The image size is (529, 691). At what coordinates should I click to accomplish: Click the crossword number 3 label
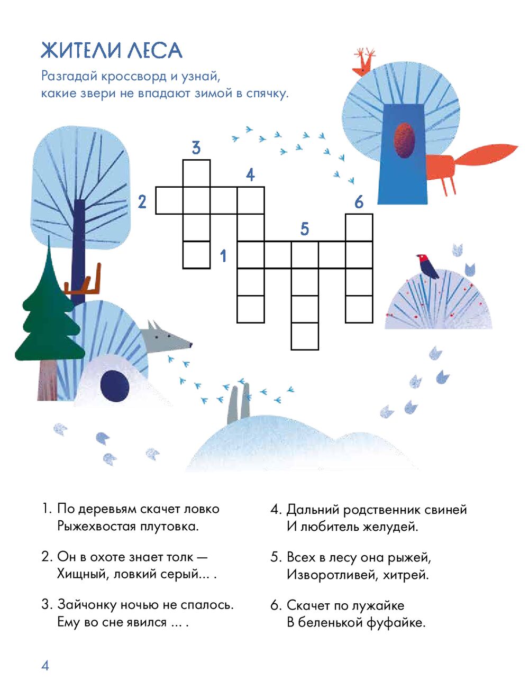[x=196, y=148]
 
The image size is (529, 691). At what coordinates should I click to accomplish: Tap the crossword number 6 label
[x=359, y=201]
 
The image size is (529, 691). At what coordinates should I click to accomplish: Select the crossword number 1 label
[x=223, y=256]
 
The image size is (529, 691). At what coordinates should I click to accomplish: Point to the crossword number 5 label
[x=305, y=229]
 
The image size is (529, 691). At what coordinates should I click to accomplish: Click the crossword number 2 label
[x=142, y=201]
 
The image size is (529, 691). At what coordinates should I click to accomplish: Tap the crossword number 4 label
[x=250, y=174]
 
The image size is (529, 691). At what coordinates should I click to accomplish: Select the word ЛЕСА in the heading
[x=155, y=50]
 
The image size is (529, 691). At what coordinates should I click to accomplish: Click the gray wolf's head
[x=165, y=337]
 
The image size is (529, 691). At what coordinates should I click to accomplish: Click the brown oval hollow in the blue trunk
[x=404, y=140]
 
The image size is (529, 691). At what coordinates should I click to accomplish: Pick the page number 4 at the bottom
[x=45, y=666]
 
